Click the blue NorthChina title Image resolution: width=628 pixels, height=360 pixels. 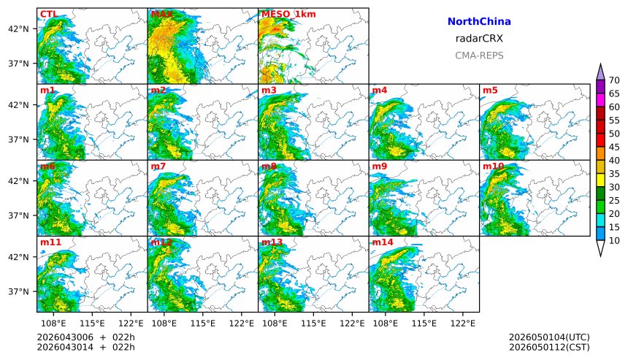click(479, 22)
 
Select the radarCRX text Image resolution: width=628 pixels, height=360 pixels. click(479, 39)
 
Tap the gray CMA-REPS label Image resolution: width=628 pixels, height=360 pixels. click(479, 55)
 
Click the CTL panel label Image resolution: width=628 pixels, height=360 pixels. click(48, 14)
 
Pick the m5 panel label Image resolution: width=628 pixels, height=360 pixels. click(490, 90)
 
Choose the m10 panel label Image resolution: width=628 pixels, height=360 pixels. click(493, 166)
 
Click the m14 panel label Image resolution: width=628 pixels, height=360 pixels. click(383, 242)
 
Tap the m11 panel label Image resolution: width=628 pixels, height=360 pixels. click(50, 242)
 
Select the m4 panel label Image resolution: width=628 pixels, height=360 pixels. click(380, 90)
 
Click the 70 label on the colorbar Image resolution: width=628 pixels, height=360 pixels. click(614, 80)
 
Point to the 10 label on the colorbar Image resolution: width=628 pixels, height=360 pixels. click(614, 240)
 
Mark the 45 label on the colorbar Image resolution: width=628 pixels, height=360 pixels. click(614, 147)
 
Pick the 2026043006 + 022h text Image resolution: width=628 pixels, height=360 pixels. click(86, 337)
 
